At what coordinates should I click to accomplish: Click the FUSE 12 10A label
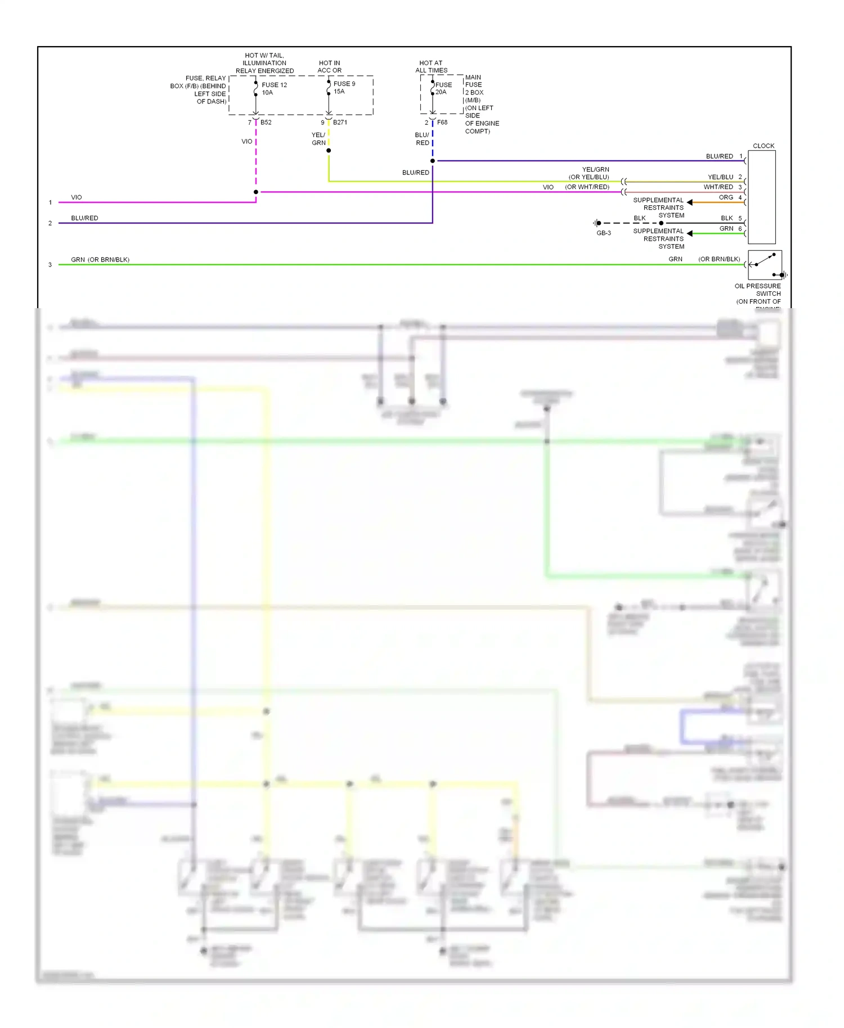click(274, 89)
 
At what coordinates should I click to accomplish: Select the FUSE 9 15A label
click(344, 88)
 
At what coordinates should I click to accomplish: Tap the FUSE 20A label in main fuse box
click(443, 88)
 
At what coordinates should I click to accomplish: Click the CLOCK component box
click(761, 197)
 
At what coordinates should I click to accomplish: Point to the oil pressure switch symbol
click(764, 265)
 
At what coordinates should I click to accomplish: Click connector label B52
click(266, 123)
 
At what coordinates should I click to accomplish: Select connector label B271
click(340, 123)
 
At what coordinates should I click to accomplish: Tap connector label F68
click(442, 123)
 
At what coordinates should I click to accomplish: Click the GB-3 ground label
click(603, 233)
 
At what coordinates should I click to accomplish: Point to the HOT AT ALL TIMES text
click(431, 67)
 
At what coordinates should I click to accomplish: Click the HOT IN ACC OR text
click(329, 67)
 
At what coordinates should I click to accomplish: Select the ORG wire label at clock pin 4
click(726, 197)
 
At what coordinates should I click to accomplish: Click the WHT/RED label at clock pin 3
click(718, 187)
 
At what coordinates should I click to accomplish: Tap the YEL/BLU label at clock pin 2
click(720, 177)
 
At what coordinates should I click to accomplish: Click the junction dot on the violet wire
click(256, 192)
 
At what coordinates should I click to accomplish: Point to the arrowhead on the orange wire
click(689, 202)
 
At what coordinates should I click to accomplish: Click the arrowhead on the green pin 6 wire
click(689, 233)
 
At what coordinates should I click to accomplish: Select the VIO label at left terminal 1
click(77, 197)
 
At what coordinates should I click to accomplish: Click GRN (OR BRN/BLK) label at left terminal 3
click(100, 260)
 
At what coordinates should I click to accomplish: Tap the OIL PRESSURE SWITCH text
click(757, 290)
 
